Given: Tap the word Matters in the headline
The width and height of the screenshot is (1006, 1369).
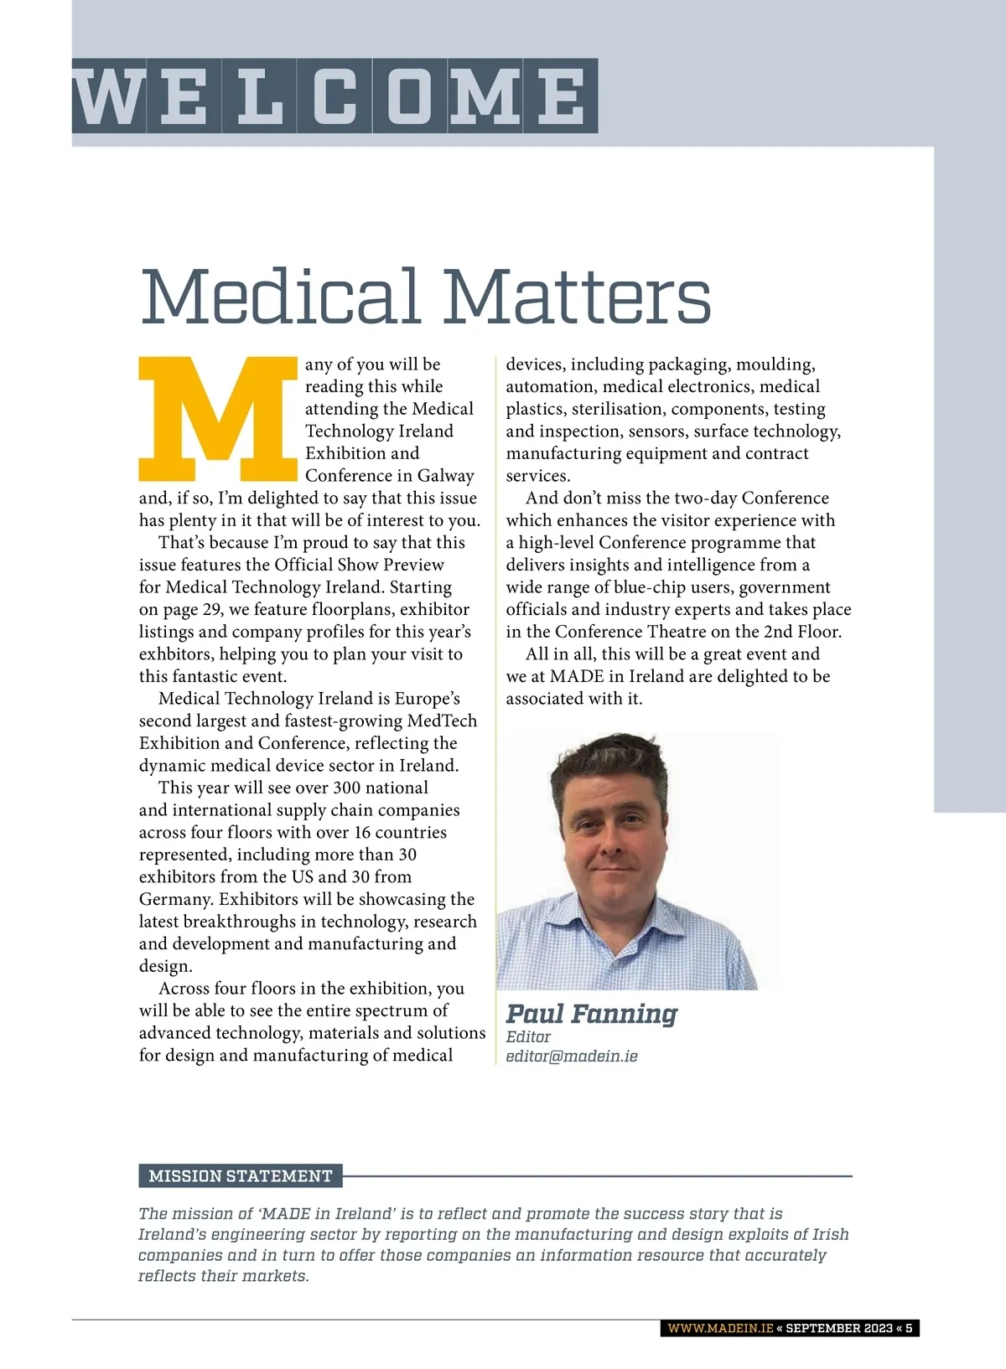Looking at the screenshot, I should [578, 297].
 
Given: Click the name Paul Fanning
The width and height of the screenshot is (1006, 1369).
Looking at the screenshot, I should [591, 1014].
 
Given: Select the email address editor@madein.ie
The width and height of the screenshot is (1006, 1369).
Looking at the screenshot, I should [572, 1056].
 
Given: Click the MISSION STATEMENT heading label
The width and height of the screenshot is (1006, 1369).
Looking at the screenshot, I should [241, 1176].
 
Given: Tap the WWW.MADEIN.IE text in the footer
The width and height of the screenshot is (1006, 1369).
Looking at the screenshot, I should [720, 1328].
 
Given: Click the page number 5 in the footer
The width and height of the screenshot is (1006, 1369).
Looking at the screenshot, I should [909, 1328].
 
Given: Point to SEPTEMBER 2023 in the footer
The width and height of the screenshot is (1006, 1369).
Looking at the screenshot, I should [839, 1328].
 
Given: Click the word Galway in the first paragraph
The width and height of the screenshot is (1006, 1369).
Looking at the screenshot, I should [446, 476].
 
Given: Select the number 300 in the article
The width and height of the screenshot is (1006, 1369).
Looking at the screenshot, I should [347, 788].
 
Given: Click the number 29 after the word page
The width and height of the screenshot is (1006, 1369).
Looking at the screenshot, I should [212, 610].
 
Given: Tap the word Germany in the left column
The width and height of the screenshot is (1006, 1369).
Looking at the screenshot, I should [175, 900].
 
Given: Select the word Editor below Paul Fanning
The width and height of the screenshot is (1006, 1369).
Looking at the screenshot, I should [528, 1036].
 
